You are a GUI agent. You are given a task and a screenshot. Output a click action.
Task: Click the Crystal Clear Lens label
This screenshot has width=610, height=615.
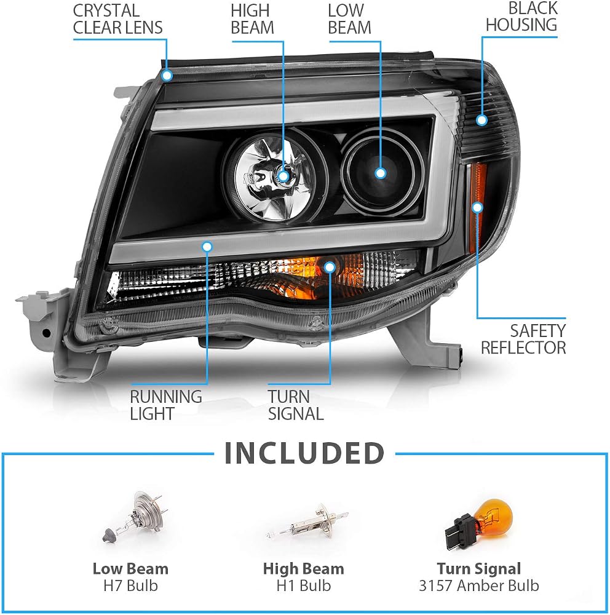[117, 19]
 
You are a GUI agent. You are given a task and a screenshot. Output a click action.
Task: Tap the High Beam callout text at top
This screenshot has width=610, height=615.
[252, 19]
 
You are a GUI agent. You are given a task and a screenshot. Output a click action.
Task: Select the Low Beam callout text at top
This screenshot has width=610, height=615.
[349, 19]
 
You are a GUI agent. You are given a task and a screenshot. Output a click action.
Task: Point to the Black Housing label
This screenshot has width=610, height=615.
[521, 17]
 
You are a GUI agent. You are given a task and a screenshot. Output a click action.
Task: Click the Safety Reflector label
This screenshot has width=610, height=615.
[523, 339]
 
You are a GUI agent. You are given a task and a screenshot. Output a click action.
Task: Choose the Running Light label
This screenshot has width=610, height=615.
[166, 405]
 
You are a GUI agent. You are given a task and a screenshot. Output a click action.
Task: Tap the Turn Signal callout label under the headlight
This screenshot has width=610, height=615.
[296, 405]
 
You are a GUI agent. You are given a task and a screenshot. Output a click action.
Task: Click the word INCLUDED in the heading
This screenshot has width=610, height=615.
[304, 453]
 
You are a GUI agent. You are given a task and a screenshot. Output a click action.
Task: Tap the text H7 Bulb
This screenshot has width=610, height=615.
[130, 585]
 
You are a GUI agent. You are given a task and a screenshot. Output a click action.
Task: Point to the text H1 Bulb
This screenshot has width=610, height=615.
[304, 585]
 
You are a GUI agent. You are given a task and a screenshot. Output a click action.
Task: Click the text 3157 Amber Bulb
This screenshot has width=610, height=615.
[479, 585]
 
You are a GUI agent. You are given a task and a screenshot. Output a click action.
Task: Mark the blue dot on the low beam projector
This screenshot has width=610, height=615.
[380, 173]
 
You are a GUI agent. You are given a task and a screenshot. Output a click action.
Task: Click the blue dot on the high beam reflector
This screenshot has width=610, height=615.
[283, 176]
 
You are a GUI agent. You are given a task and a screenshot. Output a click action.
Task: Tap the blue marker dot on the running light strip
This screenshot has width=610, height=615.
[207, 247]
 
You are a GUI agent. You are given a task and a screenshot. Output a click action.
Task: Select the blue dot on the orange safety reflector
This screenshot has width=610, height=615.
[477, 207]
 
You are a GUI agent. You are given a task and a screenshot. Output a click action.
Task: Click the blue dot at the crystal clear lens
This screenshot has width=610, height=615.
[167, 75]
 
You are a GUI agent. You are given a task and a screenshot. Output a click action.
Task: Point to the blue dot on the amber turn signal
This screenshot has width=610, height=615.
[330, 267]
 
